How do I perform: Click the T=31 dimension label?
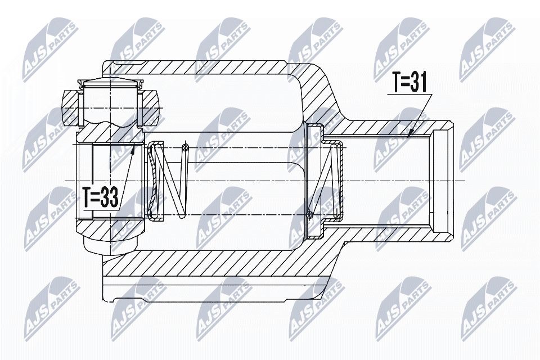point(409,84)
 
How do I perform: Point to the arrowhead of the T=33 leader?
point(134,147)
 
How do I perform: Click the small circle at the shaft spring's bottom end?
point(310,213)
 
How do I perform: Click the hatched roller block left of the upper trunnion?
point(70,107)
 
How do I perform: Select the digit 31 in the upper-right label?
point(420,84)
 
